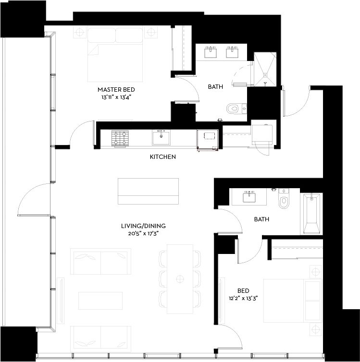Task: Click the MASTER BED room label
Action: pos(116,90)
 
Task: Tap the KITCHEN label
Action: pos(162,157)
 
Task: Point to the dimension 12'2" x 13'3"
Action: pos(243,298)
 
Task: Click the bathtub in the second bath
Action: pos(311,213)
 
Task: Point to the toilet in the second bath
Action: pos(284,200)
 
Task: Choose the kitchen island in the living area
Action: pos(148,192)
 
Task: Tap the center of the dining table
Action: pos(180,278)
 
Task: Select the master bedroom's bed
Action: pos(116,56)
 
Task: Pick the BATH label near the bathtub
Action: pos(261,219)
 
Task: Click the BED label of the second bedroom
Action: pos(243,291)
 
